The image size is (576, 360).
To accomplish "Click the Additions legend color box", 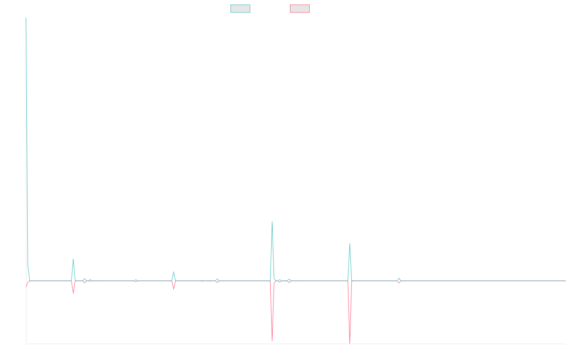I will tap(240, 9).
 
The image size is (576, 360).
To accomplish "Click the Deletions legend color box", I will tap(300, 9).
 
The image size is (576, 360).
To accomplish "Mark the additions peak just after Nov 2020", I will tap(73, 259).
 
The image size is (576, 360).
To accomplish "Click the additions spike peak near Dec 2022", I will tap(272, 222).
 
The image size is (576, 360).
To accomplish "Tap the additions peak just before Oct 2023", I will tap(350, 243).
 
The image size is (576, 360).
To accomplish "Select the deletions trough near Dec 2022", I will tap(272, 341).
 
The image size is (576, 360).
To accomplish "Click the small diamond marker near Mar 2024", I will tap(399, 280).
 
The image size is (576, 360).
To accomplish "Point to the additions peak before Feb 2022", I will tap(173, 272).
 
